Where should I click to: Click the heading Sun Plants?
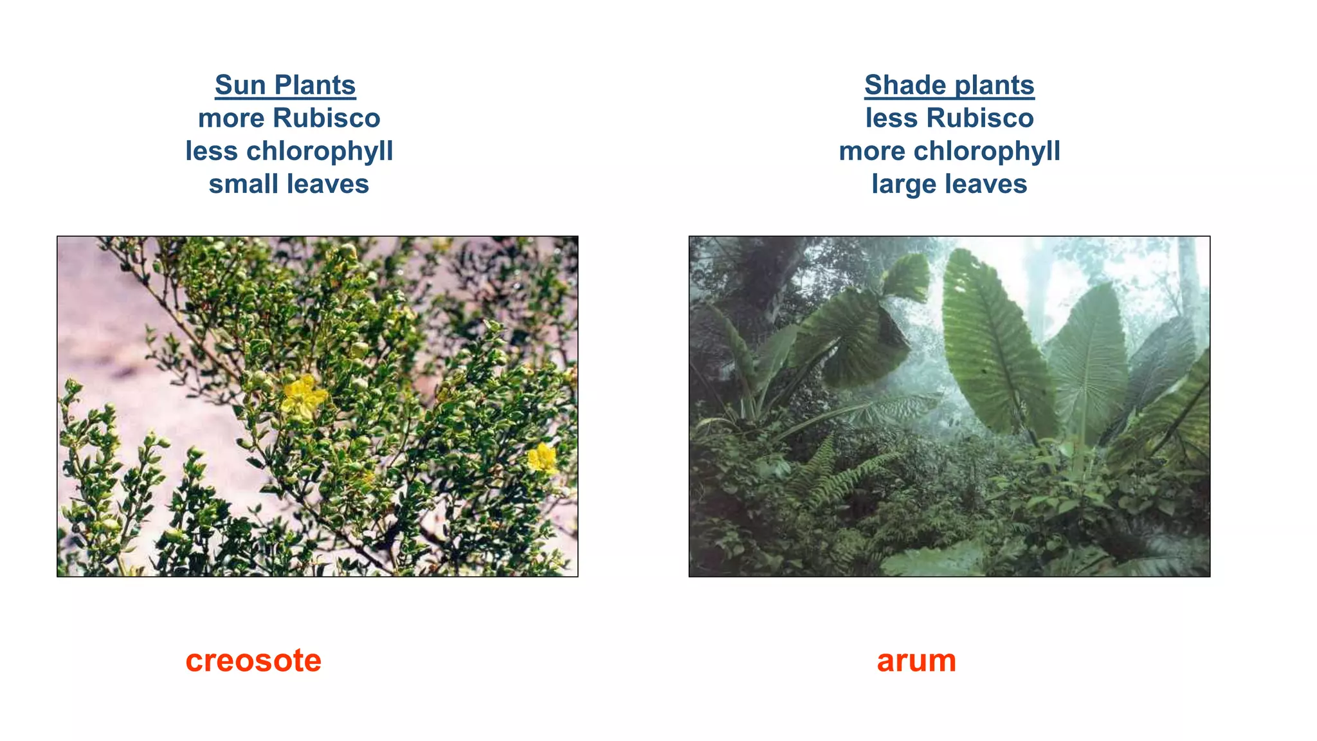tap(285, 85)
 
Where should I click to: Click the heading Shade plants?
tap(949, 85)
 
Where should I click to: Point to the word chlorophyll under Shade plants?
tap(986, 151)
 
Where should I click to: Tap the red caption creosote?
tap(253, 661)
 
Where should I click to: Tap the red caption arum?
tap(916, 661)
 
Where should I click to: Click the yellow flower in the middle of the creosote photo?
tap(303, 396)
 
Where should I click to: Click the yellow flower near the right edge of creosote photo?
tap(542, 459)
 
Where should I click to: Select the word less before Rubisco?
tap(893, 118)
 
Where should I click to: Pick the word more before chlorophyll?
tap(872, 151)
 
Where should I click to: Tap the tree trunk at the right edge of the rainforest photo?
tap(1190, 277)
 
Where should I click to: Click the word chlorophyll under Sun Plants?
tap(320, 151)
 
